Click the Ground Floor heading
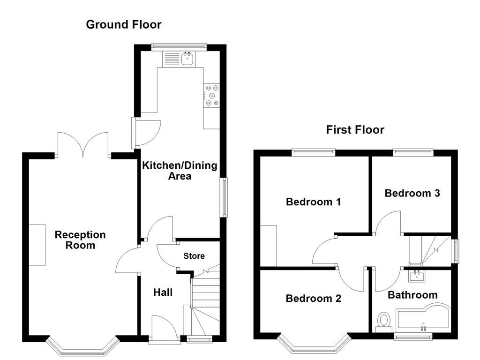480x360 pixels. point(123,24)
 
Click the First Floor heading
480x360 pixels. point(355,130)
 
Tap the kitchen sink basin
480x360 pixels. point(188,59)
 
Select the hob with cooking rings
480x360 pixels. point(211,95)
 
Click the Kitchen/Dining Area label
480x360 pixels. point(180,171)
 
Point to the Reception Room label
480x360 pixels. point(80,240)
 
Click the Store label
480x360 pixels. point(194,256)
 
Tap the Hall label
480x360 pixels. point(163,292)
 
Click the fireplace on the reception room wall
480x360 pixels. point(37,245)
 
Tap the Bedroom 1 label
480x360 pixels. point(313,202)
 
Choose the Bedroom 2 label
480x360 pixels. point(313,299)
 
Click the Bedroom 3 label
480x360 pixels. point(412,193)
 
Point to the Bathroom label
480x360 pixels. point(412,295)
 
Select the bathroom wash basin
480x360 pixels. point(416,277)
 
